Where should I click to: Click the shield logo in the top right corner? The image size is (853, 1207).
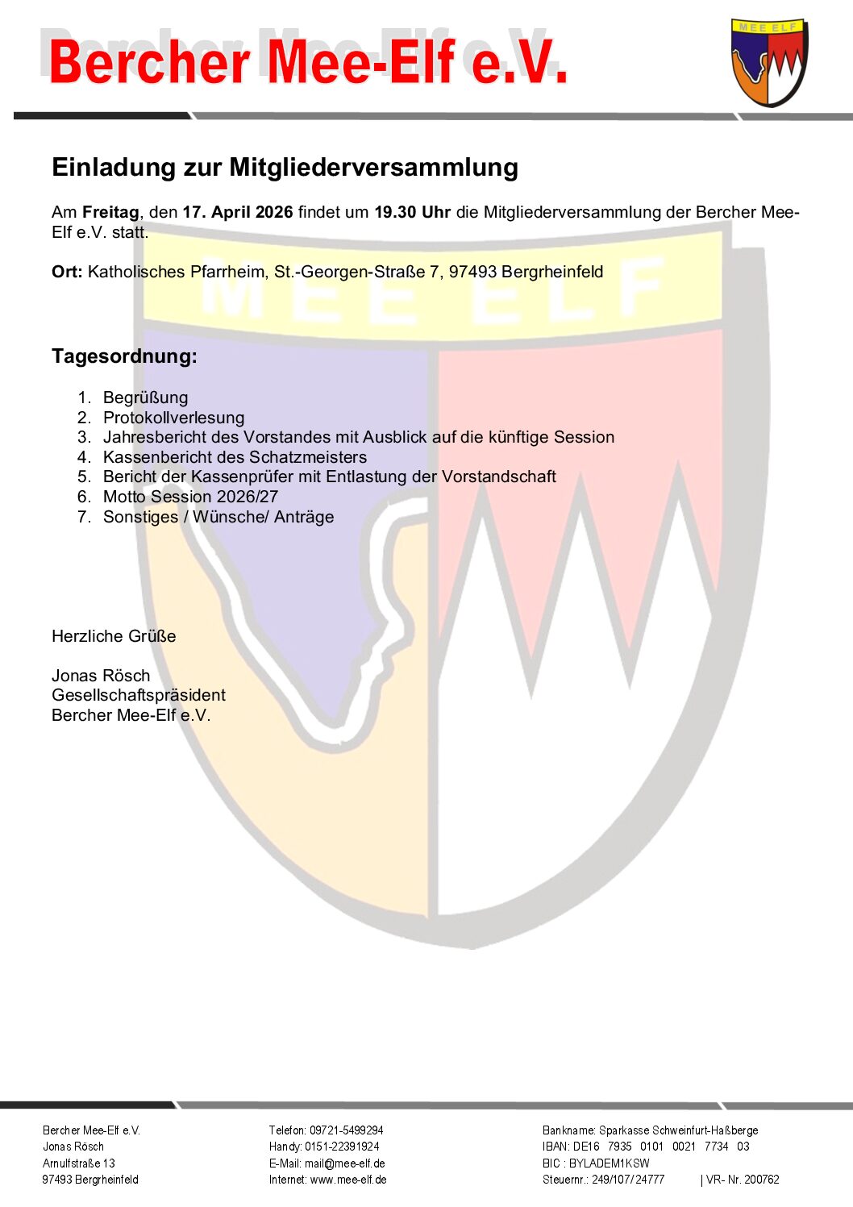tap(769, 63)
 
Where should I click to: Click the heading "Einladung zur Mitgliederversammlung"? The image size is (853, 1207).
tap(285, 167)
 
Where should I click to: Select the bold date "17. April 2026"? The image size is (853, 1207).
tap(238, 212)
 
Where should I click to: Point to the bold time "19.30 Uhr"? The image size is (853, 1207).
tap(412, 212)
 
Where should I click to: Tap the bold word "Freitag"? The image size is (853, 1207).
tap(110, 212)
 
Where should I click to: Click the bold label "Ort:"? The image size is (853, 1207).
tap(67, 272)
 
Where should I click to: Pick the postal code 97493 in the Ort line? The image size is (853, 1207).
tap(472, 272)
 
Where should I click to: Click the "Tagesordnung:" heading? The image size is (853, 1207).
tap(124, 356)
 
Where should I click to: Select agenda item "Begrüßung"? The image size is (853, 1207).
tap(145, 397)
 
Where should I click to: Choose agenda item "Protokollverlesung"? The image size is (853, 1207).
tap(173, 418)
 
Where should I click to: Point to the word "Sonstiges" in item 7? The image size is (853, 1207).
tap(140, 517)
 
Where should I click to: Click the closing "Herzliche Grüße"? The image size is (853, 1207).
tap(114, 636)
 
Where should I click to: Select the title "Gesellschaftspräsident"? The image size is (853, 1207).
tap(139, 695)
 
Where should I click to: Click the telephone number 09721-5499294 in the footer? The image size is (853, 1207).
tap(346, 1130)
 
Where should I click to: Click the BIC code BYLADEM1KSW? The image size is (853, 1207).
tap(609, 1163)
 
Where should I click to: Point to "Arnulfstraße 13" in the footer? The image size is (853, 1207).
tap(79, 1163)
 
